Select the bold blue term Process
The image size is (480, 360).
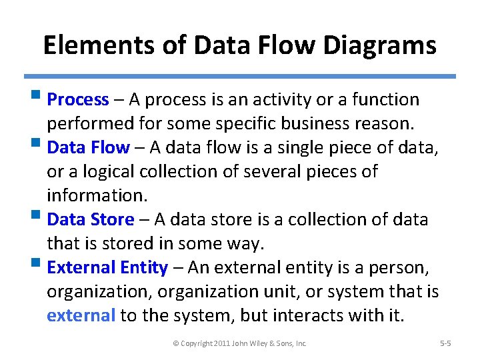(78, 100)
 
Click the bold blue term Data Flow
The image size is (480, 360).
(89, 147)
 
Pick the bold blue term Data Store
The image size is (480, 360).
(91, 219)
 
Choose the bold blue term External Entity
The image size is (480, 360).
(107, 268)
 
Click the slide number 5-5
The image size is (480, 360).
(446, 343)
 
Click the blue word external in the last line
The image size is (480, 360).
(81, 315)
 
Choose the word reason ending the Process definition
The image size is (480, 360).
(389, 124)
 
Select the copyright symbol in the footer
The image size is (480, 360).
(176, 343)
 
